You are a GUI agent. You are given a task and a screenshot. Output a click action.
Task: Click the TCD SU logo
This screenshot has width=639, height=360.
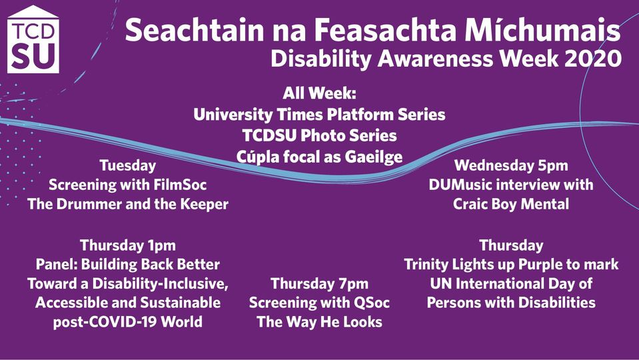coord(33,39)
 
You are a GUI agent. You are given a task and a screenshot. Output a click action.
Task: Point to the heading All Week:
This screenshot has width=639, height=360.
coord(320,93)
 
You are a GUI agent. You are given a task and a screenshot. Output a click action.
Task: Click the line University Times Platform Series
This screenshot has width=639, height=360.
coord(320,115)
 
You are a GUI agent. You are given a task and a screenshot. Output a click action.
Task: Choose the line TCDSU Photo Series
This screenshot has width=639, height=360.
coord(320,135)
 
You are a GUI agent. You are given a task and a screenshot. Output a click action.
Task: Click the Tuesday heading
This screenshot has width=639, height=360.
coord(127,165)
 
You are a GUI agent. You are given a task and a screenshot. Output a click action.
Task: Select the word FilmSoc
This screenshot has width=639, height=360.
coord(180,185)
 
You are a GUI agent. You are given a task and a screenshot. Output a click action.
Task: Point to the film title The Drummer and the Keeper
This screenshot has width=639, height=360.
coord(127,204)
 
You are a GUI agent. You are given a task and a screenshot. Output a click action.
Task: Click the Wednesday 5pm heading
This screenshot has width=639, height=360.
coord(511,165)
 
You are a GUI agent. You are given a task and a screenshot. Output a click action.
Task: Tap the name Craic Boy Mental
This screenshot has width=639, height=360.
coord(511,204)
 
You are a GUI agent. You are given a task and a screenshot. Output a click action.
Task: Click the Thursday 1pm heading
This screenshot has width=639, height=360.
coord(127,245)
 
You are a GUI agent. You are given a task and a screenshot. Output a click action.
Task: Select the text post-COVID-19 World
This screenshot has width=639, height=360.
coord(127,322)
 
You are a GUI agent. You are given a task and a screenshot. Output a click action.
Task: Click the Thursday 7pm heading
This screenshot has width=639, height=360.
coord(320,284)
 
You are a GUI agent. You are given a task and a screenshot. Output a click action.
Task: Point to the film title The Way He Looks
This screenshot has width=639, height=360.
coord(320,322)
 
